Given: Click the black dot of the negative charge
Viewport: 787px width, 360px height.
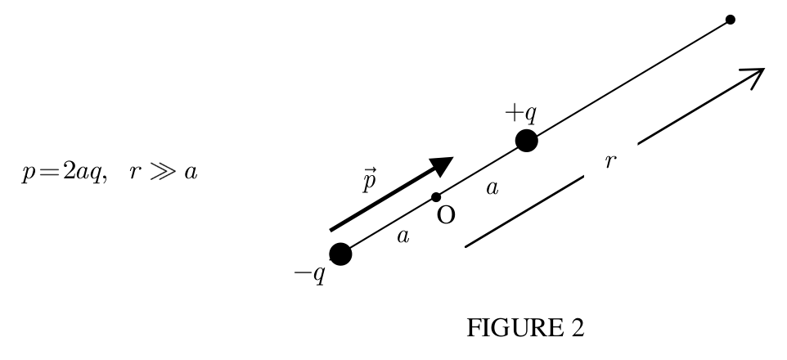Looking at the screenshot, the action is pos(340,254).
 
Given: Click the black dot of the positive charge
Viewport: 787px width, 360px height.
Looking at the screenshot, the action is pos(527,141).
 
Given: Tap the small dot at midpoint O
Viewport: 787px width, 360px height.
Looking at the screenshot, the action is pos(436,197).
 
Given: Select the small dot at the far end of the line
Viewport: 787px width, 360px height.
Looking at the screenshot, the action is pos(731,20).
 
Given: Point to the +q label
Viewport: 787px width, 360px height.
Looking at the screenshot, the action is pos(521,114).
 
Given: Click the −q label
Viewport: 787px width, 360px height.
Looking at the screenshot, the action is pos(310,274).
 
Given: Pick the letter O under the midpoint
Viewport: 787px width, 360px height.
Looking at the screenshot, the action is pos(446,216).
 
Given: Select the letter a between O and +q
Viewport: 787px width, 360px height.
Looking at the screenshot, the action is pos(492,188).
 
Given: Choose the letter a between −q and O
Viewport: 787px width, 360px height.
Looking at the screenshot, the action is pos(403,236).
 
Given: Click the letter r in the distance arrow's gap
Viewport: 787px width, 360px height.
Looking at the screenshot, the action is pos(609,161).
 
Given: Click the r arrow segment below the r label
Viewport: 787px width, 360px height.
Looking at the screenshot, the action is pos(524,211).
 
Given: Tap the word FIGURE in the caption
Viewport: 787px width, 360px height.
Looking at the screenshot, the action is pos(515,328).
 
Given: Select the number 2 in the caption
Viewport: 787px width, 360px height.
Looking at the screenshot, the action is pos(578,328).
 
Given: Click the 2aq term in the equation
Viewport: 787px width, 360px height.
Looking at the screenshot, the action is pos(82,173).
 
